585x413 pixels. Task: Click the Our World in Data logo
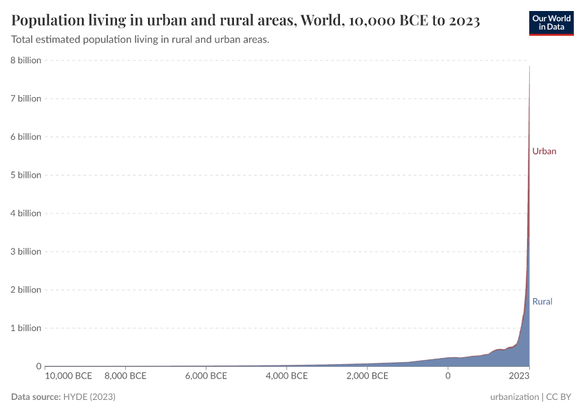[x=551, y=23]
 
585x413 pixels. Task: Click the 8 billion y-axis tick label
[x=25, y=61]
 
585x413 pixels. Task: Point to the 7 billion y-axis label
[x=25, y=98]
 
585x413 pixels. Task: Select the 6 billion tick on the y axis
[x=25, y=137]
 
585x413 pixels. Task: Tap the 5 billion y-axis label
[x=25, y=175]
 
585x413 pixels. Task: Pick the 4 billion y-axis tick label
[x=25, y=213]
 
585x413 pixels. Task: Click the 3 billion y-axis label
[x=25, y=251]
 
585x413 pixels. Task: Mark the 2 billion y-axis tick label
[x=25, y=290]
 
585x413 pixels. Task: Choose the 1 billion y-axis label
[x=25, y=328]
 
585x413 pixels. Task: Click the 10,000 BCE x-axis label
[x=68, y=377]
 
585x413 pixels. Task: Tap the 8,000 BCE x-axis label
[x=125, y=377]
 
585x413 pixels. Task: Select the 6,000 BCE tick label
[x=206, y=377]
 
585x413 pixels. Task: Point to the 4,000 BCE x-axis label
[x=286, y=377]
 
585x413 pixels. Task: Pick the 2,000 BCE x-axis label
[x=367, y=377]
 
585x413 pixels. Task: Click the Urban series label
[x=544, y=151]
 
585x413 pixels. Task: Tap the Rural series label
[x=542, y=301]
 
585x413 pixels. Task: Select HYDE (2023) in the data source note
[x=89, y=397]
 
